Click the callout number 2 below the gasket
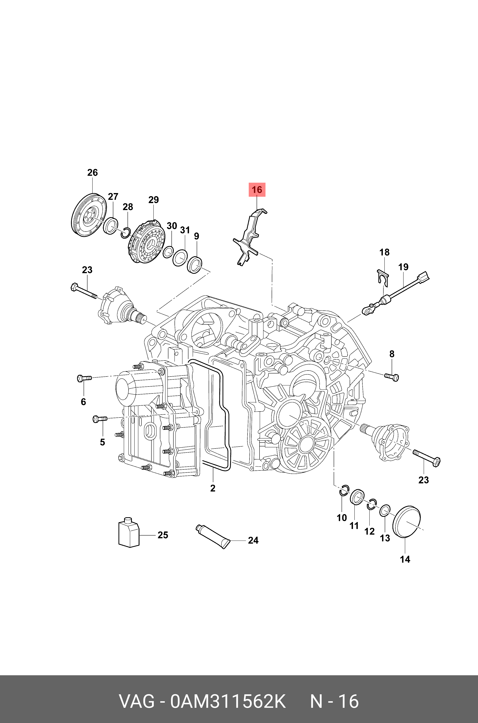(x=213, y=488)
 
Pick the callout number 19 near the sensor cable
(x=403, y=267)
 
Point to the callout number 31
(x=185, y=230)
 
